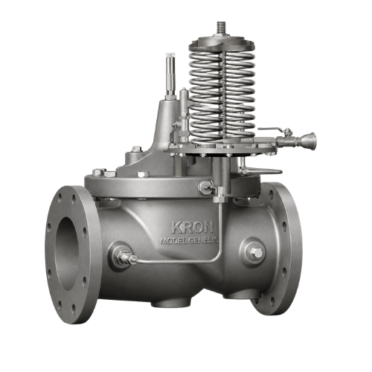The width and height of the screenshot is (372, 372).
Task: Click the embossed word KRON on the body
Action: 193,227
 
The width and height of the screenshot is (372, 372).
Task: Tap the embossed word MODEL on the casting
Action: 173,241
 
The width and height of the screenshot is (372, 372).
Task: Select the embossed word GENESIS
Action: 203,240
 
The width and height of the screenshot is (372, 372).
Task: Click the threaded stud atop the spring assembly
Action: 222,29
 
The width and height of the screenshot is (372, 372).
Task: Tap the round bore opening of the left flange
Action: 67,253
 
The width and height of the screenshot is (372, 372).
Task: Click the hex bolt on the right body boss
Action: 255,253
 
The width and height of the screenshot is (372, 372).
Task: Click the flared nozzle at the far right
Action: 309,141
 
